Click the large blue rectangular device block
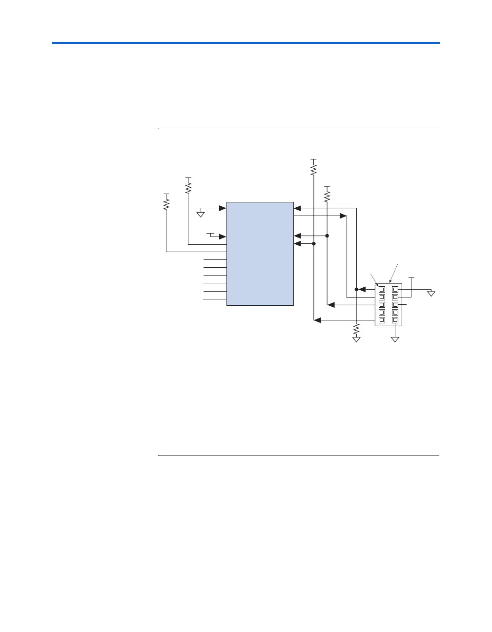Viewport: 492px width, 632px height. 260,254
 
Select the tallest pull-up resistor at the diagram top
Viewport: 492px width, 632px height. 314,169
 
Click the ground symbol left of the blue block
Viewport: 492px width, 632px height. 201,213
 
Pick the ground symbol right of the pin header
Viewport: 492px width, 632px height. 431,294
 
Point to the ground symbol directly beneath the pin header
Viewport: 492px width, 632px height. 395,339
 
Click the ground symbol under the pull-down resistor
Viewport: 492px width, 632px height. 357,339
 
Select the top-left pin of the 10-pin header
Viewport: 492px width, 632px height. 382,289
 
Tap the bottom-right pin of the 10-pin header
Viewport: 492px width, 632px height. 395,320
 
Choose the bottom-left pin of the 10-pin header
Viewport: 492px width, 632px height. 382,320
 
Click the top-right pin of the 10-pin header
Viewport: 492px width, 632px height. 395,289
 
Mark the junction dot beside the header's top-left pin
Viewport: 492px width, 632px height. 357,289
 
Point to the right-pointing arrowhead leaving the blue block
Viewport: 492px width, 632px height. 343,216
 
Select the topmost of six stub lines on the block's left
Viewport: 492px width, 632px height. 215,260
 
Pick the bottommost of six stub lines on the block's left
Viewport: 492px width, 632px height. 215,299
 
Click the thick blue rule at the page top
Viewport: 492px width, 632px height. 246,43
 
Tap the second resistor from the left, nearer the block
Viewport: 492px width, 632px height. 188,187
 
